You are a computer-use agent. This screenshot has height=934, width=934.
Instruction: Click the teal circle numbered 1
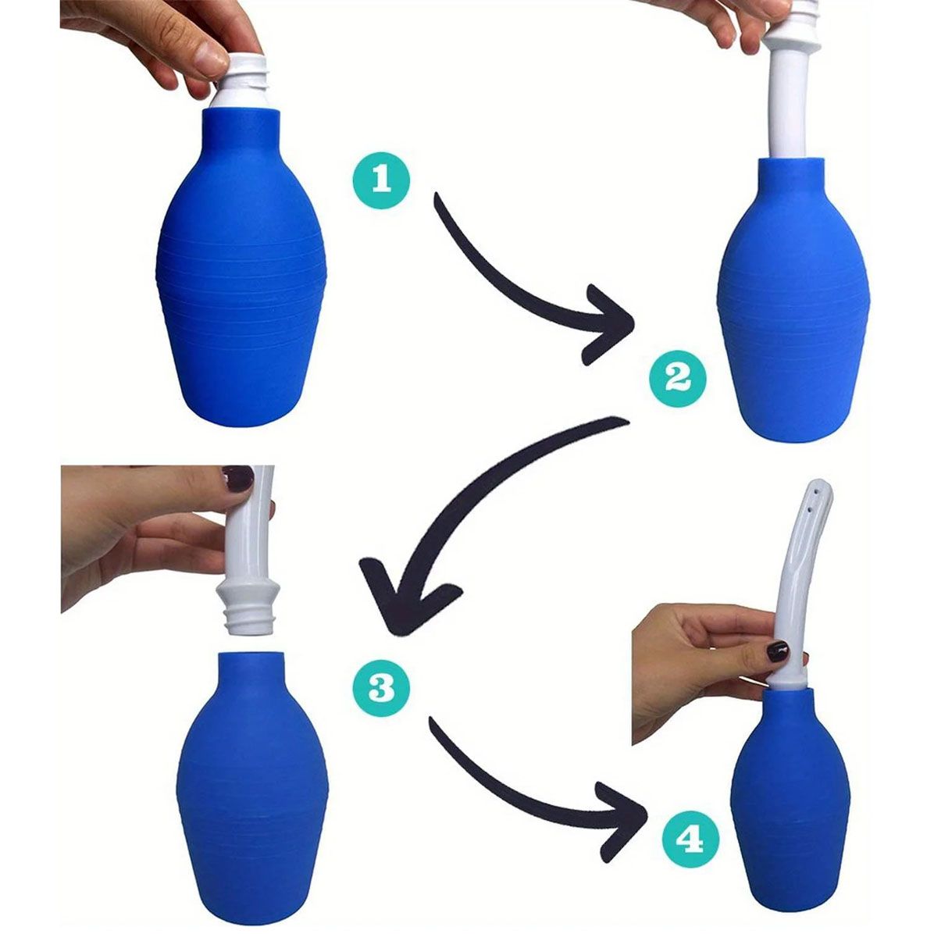380,179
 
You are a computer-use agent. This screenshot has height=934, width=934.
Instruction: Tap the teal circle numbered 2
677,379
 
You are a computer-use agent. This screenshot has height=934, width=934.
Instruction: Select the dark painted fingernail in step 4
777,650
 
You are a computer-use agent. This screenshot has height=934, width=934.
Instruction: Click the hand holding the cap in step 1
156,39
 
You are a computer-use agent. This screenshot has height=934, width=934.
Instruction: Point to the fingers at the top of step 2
726,20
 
